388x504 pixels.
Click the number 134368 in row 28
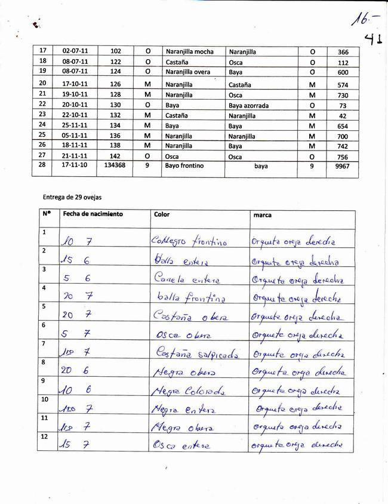[x=115, y=166]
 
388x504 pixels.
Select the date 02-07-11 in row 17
[x=75, y=52]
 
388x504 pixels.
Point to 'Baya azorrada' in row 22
[x=248, y=105]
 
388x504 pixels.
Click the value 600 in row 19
[x=342, y=72]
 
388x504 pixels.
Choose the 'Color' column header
[x=162, y=214]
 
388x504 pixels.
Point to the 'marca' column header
[x=263, y=214]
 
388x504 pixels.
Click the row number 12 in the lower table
[x=43, y=437]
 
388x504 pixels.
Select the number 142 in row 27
[x=116, y=156]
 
